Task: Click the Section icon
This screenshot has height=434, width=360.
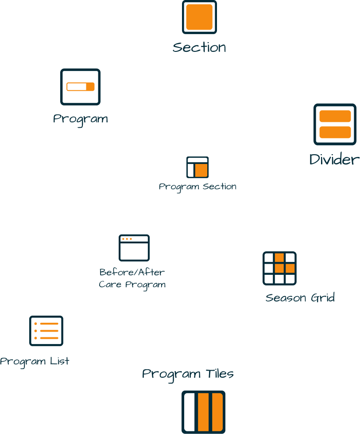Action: coord(199,17)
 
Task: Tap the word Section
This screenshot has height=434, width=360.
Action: coord(199,47)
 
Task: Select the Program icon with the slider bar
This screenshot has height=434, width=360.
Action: coord(80,87)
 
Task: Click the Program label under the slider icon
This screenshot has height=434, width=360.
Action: coord(80,119)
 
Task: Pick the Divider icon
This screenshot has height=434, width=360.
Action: coord(335,124)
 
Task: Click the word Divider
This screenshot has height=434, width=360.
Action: coord(334,160)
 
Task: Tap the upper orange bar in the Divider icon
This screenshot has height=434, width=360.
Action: coord(335,116)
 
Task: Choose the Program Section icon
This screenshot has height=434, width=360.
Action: coord(197,167)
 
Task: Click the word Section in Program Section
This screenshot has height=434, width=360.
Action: coord(219,187)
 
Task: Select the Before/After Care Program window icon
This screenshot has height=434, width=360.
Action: coord(134,248)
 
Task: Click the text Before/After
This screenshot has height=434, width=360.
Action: coord(132,272)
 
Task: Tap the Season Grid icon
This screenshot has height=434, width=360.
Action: coord(279,268)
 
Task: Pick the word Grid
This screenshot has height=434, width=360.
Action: coord(322,298)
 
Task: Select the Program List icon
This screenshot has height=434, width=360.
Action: coord(46,331)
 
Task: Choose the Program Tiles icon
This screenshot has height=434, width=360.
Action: coord(203,412)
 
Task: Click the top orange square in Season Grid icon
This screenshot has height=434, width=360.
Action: coord(279,258)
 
